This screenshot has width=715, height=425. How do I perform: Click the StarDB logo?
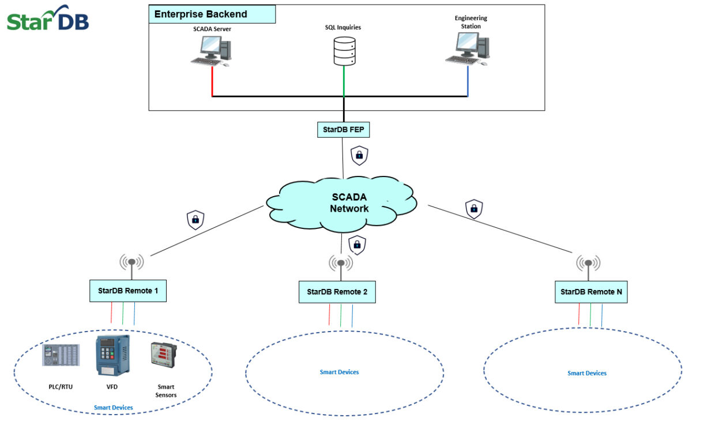click(x=48, y=18)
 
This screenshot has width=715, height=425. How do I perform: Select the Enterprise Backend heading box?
click(x=212, y=14)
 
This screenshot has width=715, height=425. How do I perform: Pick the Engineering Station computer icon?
click(x=468, y=48)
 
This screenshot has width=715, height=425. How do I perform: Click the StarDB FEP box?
click(x=343, y=130)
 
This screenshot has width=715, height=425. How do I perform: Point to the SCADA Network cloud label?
click(x=349, y=203)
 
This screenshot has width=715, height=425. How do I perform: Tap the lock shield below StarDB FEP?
click(x=359, y=155)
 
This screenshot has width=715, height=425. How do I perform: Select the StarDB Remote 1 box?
click(x=128, y=291)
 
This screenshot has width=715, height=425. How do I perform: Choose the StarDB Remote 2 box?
click(x=337, y=292)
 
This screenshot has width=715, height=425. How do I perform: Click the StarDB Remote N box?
click(x=591, y=292)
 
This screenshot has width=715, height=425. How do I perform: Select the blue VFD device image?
click(x=113, y=356)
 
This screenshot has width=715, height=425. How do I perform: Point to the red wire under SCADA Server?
click(x=212, y=81)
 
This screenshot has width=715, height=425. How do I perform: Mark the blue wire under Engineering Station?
click(x=468, y=81)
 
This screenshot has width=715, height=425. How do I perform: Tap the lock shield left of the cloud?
click(x=195, y=220)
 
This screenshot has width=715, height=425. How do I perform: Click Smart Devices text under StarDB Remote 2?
click(x=339, y=373)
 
